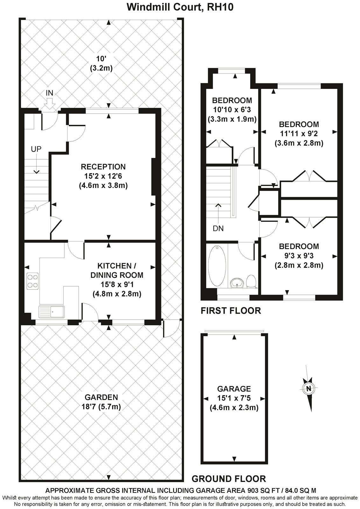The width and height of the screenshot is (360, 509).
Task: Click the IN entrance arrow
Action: [x=49, y=102]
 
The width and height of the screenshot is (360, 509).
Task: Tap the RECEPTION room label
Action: [x=103, y=167]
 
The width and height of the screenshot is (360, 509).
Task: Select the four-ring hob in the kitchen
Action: [x=32, y=281]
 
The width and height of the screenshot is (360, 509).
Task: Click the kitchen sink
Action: [x=52, y=311]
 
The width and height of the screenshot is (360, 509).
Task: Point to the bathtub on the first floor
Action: [x=217, y=265]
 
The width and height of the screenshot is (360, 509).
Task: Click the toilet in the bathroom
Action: [x=251, y=281]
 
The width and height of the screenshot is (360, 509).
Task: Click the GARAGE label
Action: [x=234, y=388]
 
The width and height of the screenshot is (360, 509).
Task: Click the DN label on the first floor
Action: [x=218, y=228]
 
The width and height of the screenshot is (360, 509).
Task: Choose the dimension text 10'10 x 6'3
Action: [x=232, y=110]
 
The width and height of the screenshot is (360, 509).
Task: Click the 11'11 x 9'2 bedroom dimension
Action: [x=299, y=134]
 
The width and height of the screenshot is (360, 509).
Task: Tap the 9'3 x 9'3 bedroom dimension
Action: [x=299, y=255]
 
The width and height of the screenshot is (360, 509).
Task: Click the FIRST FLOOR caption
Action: [x=231, y=310]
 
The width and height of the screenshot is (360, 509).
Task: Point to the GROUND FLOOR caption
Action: [x=229, y=478]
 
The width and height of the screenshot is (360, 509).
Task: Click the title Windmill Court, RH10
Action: [x=180, y=7]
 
